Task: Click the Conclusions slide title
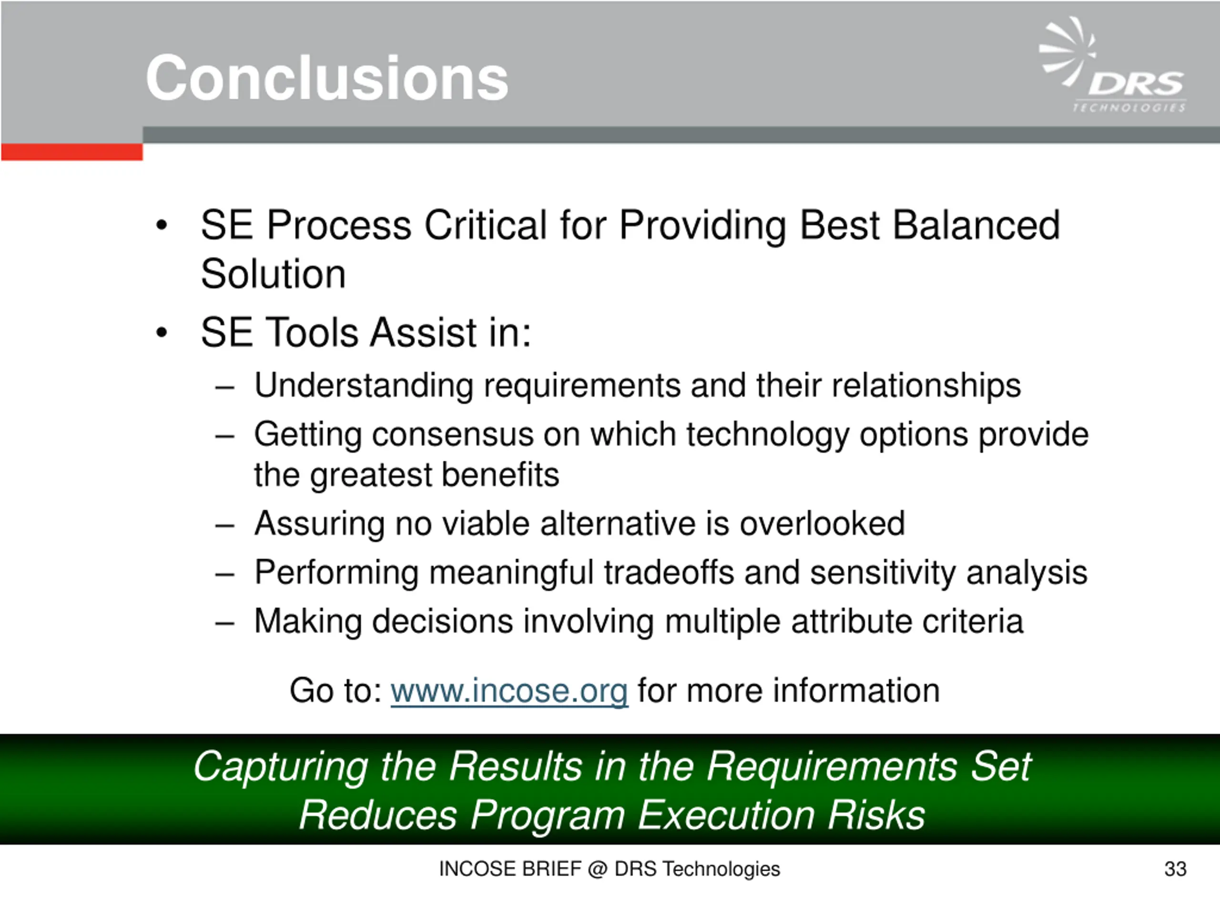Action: tap(326, 78)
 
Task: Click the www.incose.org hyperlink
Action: tap(509, 691)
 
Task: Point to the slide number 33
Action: tap(1175, 869)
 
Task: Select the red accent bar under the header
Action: tap(71, 152)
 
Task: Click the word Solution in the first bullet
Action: tap(273, 274)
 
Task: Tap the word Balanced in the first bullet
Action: tap(976, 225)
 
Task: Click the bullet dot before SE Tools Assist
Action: tap(161, 333)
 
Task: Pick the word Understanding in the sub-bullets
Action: tap(364, 385)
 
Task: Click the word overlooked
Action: tap(822, 523)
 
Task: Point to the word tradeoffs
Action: tap(669, 572)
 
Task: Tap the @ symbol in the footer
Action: tap(597, 870)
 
